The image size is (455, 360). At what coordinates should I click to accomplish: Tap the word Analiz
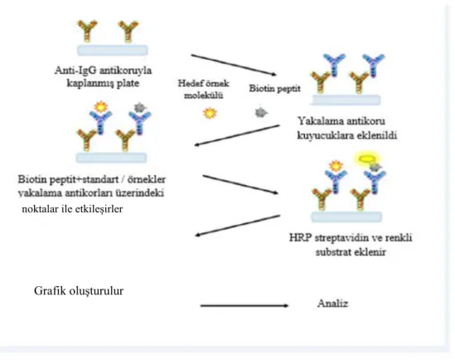(x=332, y=304)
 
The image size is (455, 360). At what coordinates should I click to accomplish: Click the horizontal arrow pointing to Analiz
(x=244, y=305)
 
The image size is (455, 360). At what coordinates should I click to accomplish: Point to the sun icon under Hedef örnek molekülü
(x=210, y=113)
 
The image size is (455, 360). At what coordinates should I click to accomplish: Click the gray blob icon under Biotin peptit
(x=261, y=112)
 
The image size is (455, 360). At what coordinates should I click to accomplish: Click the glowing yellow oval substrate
(x=367, y=158)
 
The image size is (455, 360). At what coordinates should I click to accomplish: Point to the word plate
(x=128, y=84)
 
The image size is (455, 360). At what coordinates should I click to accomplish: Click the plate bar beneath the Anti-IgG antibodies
(x=112, y=51)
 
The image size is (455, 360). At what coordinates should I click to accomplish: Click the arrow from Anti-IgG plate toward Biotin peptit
(x=234, y=65)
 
